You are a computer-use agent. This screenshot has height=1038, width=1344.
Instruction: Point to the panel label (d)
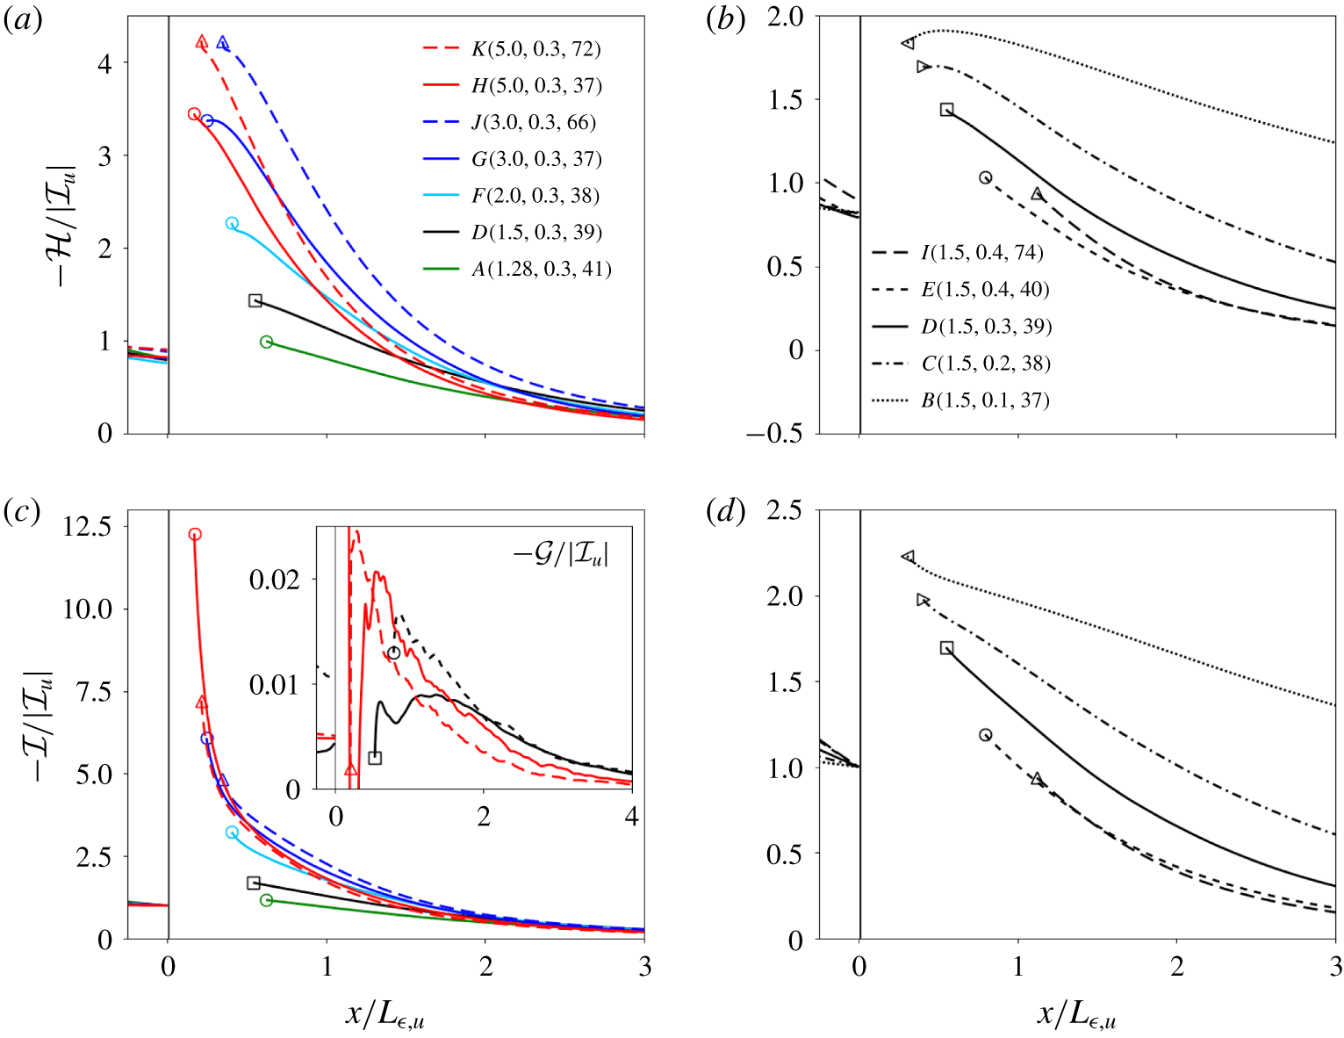[x=725, y=512]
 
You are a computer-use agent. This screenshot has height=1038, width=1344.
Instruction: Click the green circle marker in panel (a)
[x=266, y=342]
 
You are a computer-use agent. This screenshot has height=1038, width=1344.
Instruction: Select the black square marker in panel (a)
[x=255, y=300]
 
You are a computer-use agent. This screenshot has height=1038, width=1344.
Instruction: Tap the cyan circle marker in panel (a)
[x=232, y=223]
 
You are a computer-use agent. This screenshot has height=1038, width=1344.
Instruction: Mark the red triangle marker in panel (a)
[x=202, y=41]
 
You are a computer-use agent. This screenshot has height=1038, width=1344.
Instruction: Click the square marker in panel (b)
[x=946, y=110]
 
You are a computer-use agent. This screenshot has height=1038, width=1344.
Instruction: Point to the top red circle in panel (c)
[x=195, y=534]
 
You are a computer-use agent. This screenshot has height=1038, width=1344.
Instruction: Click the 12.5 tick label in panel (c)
[x=87, y=526]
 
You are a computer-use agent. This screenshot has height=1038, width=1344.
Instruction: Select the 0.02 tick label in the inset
[x=275, y=579]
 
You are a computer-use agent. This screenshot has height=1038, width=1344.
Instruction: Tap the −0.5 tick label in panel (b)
[x=774, y=434]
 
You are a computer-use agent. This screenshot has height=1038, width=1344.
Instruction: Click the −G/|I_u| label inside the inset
[x=561, y=554]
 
